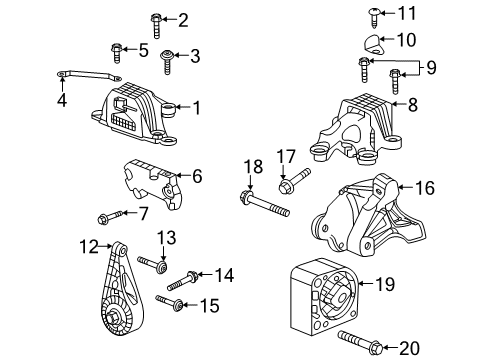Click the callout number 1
tap(197, 108)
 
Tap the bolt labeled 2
tap(156, 26)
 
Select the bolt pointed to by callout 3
tap(167, 62)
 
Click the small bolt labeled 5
tap(116, 53)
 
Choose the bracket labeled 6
tap(153, 184)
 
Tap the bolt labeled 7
tap(110, 216)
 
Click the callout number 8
tap(413, 105)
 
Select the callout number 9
tap(431, 68)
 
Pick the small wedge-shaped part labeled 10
tap(372, 44)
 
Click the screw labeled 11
tap(374, 18)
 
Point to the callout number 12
tap(89, 247)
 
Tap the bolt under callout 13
tap(152, 263)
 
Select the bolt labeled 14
tap(182, 281)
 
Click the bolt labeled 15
tap(169, 301)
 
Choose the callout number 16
tap(425, 188)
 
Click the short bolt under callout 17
tap(294, 181)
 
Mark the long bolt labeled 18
tap(265, 204)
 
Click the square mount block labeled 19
tap(324, 296)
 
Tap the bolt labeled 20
tap(359, 342)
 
